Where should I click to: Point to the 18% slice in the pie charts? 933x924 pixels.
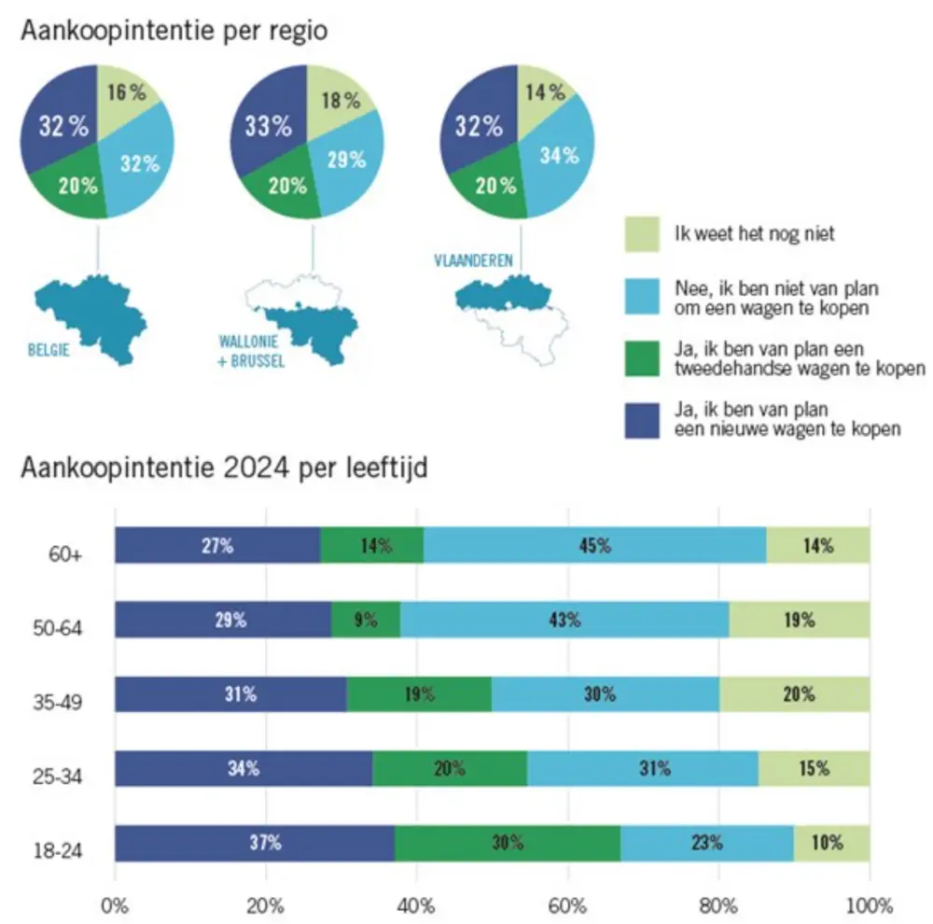(x=340, y=101)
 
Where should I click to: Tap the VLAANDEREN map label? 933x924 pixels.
(x=473, y=261)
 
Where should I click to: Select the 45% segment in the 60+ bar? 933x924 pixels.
(x=594, y=546)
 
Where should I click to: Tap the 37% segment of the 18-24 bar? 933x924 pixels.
(x=254, y=844)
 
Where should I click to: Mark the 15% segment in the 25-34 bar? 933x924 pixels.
(x=814, y=769)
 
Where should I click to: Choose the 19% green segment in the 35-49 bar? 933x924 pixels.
(x=419, y=694)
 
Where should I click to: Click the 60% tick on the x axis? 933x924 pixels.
(x=567, y=904)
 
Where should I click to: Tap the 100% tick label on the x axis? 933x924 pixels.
(x=869, y=904)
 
